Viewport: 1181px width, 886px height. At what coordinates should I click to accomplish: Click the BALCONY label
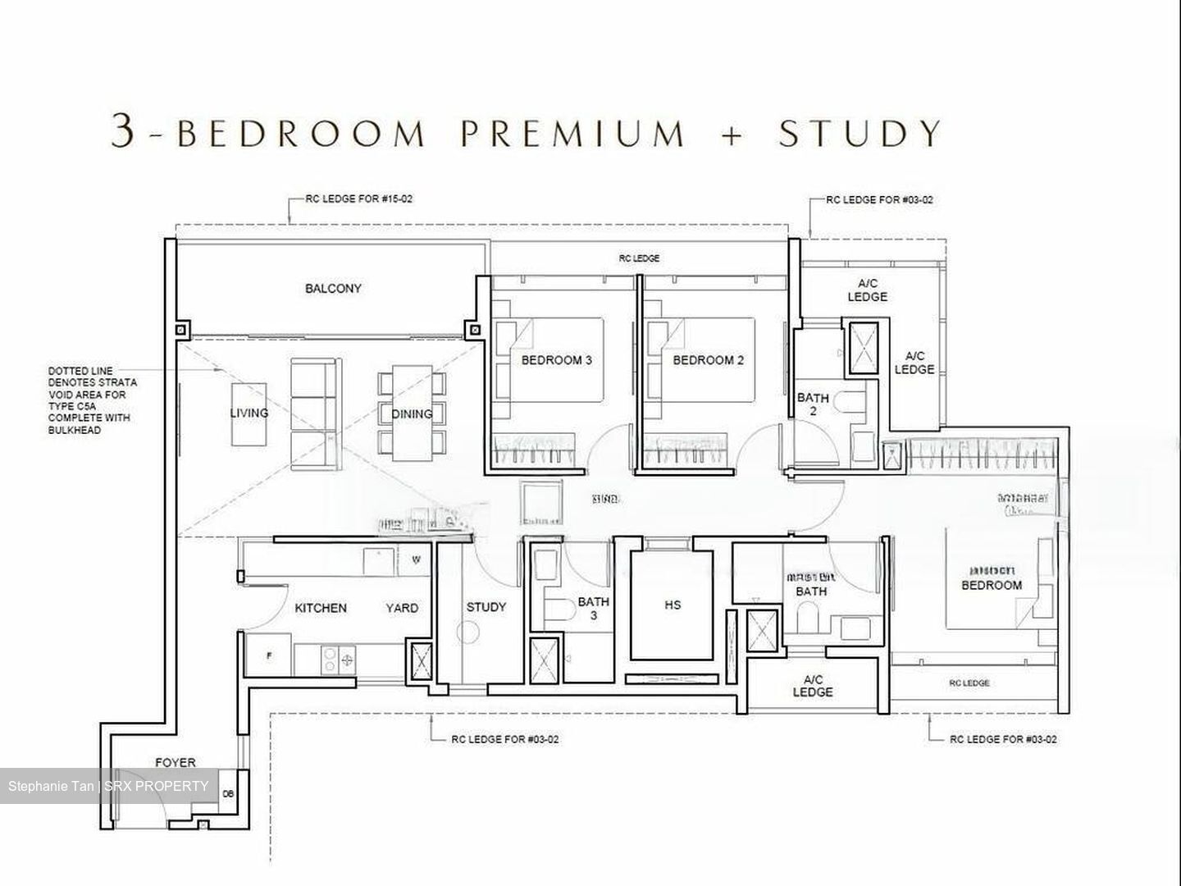point(333,289)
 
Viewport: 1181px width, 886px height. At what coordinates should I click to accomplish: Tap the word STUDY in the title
point(860,133)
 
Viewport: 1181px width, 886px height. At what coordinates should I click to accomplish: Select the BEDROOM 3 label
point(556,360)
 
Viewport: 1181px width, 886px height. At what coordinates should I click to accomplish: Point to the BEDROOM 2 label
point(708,360)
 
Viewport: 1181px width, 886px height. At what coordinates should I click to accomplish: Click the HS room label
point(673,605)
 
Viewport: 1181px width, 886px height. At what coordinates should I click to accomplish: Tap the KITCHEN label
point(321,608)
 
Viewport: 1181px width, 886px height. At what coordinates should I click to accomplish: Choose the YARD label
point(402,608)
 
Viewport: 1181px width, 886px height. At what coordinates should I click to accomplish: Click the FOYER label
point(176,762)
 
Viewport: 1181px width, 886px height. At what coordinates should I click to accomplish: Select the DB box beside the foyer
point(228,793)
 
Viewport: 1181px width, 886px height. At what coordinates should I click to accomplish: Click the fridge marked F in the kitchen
point(269,656)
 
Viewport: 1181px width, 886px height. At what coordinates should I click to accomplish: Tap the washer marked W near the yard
point(416,560)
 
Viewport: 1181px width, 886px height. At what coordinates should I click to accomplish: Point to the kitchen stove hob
point(337,660)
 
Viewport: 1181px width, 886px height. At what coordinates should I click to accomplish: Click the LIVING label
point(249,413)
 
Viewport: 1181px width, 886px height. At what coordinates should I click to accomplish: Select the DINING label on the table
point(412,413)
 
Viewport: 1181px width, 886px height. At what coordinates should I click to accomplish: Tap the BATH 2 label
point(813,404)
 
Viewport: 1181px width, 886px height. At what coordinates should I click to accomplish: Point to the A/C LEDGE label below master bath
point(813,686)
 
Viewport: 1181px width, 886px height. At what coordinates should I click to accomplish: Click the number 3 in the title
point(122,131)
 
